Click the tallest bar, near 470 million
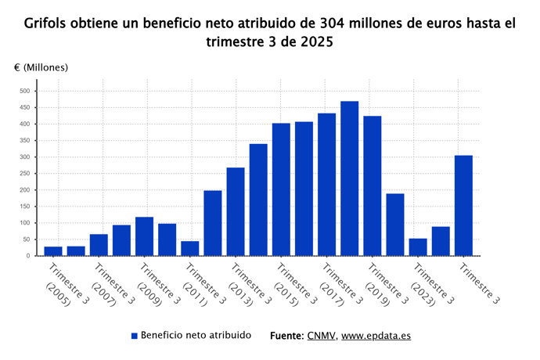(x=349, y=178)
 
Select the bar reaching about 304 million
(x=463, y=206)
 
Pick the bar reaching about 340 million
(x=258, y=200)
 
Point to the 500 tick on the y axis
(x=24, y=91)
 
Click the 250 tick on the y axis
(x=24, y=173)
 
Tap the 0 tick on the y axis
(x=27, y=256)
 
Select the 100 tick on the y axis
(x=24, y=223)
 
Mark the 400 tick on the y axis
(x=24, y=124)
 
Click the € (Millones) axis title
(x=41, y=67)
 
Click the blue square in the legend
(x=134, y=336)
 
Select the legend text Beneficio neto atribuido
(x=196, y=335)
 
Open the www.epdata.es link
(x=376, y=335)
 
